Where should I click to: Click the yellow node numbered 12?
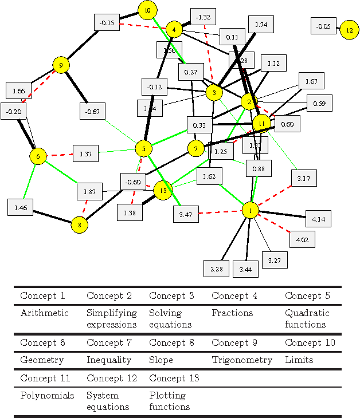click(x=349, y=30)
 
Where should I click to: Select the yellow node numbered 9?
click(x=61, y=66)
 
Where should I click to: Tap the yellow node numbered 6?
click(x=38, y=156)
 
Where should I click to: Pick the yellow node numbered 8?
click(x=80, y=225)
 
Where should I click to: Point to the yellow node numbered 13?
click(x=163, y=191)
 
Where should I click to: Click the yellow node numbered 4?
click(x=174, y=29)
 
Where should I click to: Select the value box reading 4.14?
click(x=318, y=219)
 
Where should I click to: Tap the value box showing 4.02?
click(x=302, y=239)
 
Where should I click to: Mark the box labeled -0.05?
click(x=324, y=26)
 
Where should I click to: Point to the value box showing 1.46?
click(x=21, y=207)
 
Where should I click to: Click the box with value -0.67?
click(x=93, y=111)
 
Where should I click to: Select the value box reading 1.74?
click(x=261, y=25)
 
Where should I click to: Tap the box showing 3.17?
click(x=303, y=179)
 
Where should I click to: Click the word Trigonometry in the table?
click(x=242, y=360)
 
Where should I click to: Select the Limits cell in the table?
click(x=298, y=360)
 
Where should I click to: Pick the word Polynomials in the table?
click(x=48, y=396)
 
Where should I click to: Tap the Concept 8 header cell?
click(x=171, y=343)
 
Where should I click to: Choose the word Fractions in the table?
click(x=232, y=313)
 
